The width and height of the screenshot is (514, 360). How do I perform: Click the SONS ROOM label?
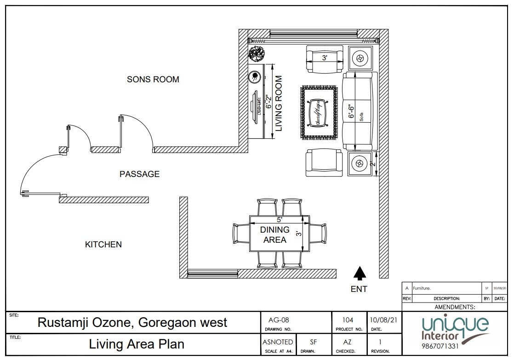[153, 80]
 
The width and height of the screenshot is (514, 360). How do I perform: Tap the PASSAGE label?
[139, 174]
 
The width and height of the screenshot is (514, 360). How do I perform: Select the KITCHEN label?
[103, 245]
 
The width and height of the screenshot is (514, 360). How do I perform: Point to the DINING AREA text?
[275, 234]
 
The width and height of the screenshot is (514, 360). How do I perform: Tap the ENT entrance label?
[359, 289]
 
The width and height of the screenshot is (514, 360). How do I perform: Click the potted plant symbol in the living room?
[256, 54]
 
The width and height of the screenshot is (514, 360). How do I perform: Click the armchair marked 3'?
[325, 58]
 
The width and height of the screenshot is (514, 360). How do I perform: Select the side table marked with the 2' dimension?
[360, 163]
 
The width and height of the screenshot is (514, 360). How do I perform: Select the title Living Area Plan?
[137, 344]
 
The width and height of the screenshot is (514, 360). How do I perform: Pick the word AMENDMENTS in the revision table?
[454, 307]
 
